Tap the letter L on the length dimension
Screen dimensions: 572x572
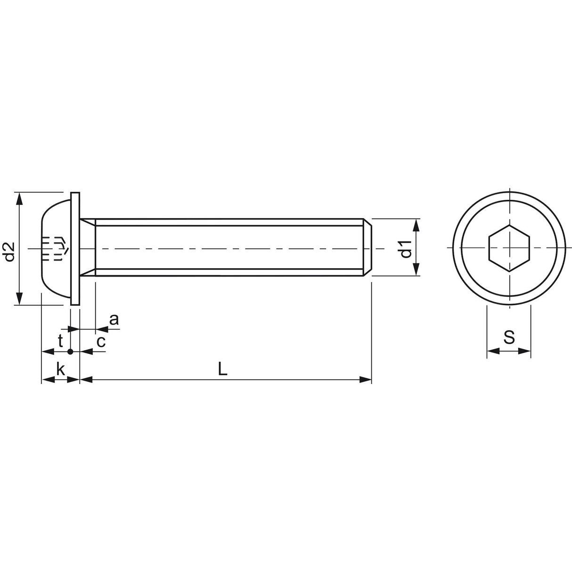223,369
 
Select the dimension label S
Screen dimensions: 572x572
509,337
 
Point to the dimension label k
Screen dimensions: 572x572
60,369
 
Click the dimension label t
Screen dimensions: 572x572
60,341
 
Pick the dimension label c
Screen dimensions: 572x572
101,341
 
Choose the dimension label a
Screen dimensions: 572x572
114,320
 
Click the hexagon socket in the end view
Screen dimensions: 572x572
509,248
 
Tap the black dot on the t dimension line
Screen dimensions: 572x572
70,351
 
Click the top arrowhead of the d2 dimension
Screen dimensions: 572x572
19,198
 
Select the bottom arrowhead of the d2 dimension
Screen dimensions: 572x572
19,299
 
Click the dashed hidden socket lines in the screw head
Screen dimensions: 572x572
55,248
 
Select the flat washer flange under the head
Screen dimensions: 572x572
75,248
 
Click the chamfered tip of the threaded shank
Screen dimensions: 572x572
368,248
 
